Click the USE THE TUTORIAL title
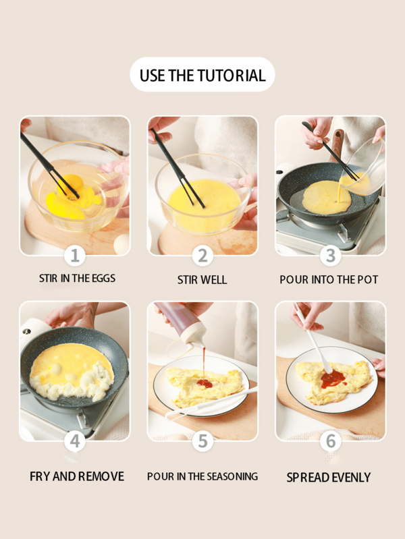tap(202, 76)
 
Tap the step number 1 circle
tap(75, 256)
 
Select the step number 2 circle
tap(202, 256)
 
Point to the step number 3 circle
tap(330, 256)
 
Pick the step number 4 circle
tap(75, 441)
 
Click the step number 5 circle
tap(202, 441)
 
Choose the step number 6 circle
tap(330, 441)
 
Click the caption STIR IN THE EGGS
tap(77, 278)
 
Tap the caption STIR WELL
tap(202, 280)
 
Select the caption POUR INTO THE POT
tap(329, 280)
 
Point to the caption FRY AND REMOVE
tap(77, 476)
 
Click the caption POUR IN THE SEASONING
tap(202, 476)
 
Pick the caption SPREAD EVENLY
tap(329, 478)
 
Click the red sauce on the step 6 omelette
tap(333, 379)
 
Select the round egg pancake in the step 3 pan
tap(327, 197)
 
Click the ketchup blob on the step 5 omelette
tap(205, 383)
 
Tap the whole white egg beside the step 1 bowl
tap(122, 244)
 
